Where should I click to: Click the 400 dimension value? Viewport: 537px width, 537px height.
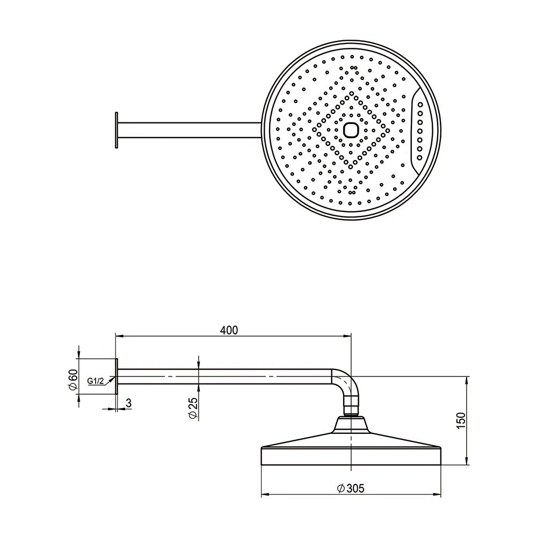point(229,330)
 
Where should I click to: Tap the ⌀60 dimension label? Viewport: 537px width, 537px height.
point(73,380)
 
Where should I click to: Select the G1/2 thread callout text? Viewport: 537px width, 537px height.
point(95,381)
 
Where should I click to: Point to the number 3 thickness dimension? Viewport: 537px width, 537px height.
point(128,403)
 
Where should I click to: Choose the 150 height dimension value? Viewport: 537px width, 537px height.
point(461,420)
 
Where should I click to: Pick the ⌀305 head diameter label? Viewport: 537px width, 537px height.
point(351,488)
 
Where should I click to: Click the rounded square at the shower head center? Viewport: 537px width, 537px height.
point(351,130)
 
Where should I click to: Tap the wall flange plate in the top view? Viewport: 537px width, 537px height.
point(117,130)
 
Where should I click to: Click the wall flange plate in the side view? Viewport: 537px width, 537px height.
point(117,376)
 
